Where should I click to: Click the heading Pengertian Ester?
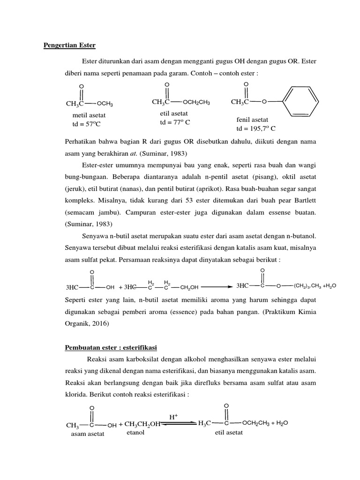tap(69, 45)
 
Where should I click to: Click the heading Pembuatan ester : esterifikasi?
tap(111, 347)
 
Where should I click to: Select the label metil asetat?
tap(89, 115)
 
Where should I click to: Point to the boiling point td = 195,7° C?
tap(256, 128)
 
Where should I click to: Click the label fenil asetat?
tap(253, 120)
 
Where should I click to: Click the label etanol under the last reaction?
tap(135, 433)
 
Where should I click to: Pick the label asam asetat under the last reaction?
tap(88, 434)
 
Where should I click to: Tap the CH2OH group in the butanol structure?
tap(188, 287)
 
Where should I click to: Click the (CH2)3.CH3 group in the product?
tap(307, 285)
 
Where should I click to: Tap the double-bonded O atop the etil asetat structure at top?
tap(167, 84)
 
